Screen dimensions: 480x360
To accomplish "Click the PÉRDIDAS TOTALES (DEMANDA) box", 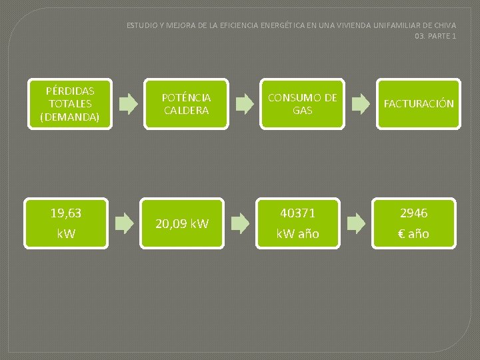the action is pos(66,103).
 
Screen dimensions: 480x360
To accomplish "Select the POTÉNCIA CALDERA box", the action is pos(186,104).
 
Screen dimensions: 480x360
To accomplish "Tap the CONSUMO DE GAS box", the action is pos(302,104).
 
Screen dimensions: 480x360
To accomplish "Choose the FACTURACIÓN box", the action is pos(418,104).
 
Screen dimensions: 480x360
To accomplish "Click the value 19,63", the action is pos(66,213).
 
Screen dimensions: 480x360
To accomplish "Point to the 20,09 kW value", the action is pos(182,224).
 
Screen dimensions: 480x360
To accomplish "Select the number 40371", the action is pos(298,213).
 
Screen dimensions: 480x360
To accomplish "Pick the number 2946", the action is pos(414,213).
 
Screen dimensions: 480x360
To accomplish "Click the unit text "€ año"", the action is pos(414,234).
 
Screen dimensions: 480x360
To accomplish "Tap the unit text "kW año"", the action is pos(298,234).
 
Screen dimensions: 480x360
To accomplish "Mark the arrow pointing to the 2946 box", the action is pos(356,223).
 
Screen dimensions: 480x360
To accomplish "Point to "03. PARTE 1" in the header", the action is pos(435,36).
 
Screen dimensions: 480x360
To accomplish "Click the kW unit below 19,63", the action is pos(66,234).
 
